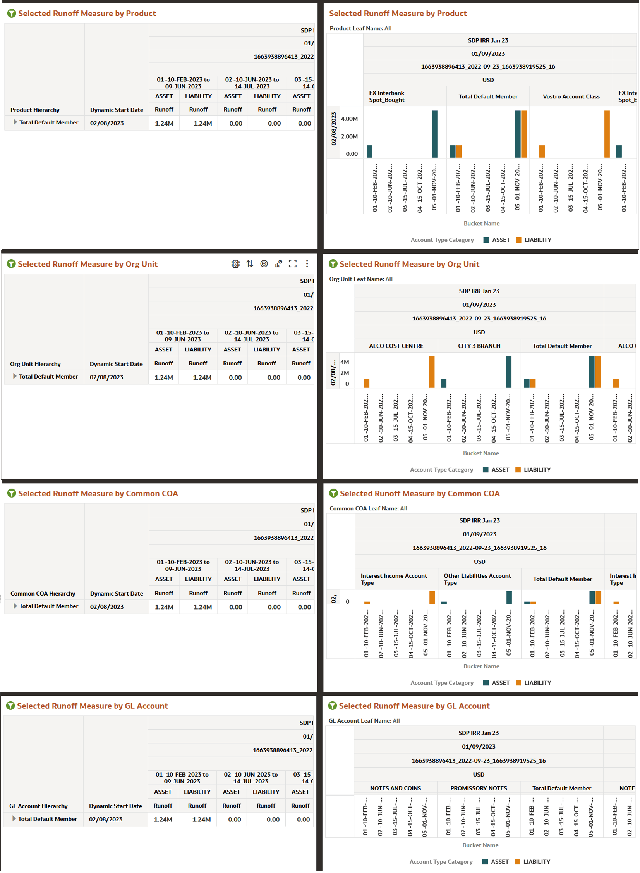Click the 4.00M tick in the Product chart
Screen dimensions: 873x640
(349, 119)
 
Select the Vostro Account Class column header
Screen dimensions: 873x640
(571, 96)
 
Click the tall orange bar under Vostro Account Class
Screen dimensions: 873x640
(607, 134)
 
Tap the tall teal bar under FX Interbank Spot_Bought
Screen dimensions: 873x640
(434, 134)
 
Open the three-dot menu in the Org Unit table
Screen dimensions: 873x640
(307, 264)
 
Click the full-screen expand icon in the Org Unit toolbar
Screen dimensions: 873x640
(292, 264)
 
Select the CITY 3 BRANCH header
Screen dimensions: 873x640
(479, 346)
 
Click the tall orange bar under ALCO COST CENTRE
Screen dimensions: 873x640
(431, 371)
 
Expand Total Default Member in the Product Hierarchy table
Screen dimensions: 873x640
(15, 122)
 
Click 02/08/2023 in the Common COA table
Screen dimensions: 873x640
(107, 607)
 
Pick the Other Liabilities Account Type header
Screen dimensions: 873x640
(477, 579)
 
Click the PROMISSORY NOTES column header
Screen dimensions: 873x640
(478, 788)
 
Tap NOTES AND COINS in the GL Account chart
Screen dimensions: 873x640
(395, 788)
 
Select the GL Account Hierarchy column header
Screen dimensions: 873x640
(38, 806)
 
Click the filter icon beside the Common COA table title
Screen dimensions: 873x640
(12, 494)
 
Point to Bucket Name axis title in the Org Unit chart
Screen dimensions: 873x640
(481, 453)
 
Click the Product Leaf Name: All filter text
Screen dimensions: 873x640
(360, 28)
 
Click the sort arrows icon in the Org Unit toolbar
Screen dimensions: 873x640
(250, 264)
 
